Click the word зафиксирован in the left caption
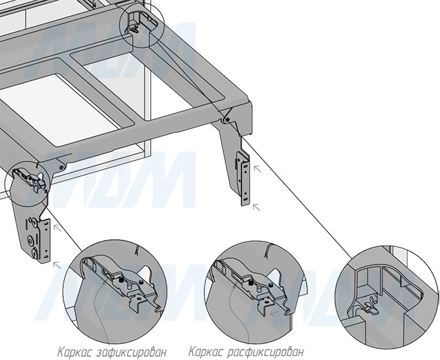(x=131, y=352)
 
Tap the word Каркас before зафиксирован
(x=75, y=352)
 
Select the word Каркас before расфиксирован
(x=206, y=352)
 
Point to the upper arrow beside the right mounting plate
(x=258, y=169)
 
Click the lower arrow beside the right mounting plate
(x=256, y=207)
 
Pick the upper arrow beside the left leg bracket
(x=58, y=227)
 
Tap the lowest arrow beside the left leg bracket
(x=57, y=265)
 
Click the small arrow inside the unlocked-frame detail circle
(x=274, y=313)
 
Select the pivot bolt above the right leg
(x=227, y=120)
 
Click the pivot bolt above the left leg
(x=61, y=167)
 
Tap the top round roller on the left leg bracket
(x=33, y=223)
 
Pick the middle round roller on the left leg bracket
(x=29, y=240)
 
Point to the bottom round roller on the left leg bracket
(x=34, y=254)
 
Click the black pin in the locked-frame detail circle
(x=122, y=280)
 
